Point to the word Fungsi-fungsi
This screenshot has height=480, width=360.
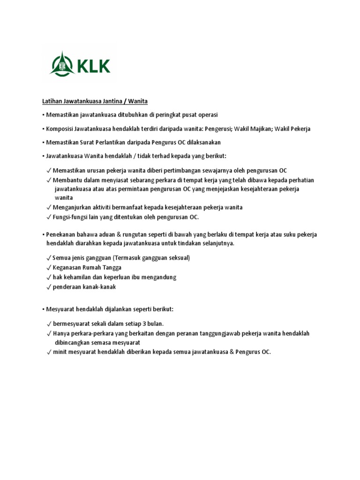[71, 217]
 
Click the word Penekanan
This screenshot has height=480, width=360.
[61, 234]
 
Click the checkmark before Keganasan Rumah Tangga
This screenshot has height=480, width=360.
[49, 267]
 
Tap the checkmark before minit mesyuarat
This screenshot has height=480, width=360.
[49, 352]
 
